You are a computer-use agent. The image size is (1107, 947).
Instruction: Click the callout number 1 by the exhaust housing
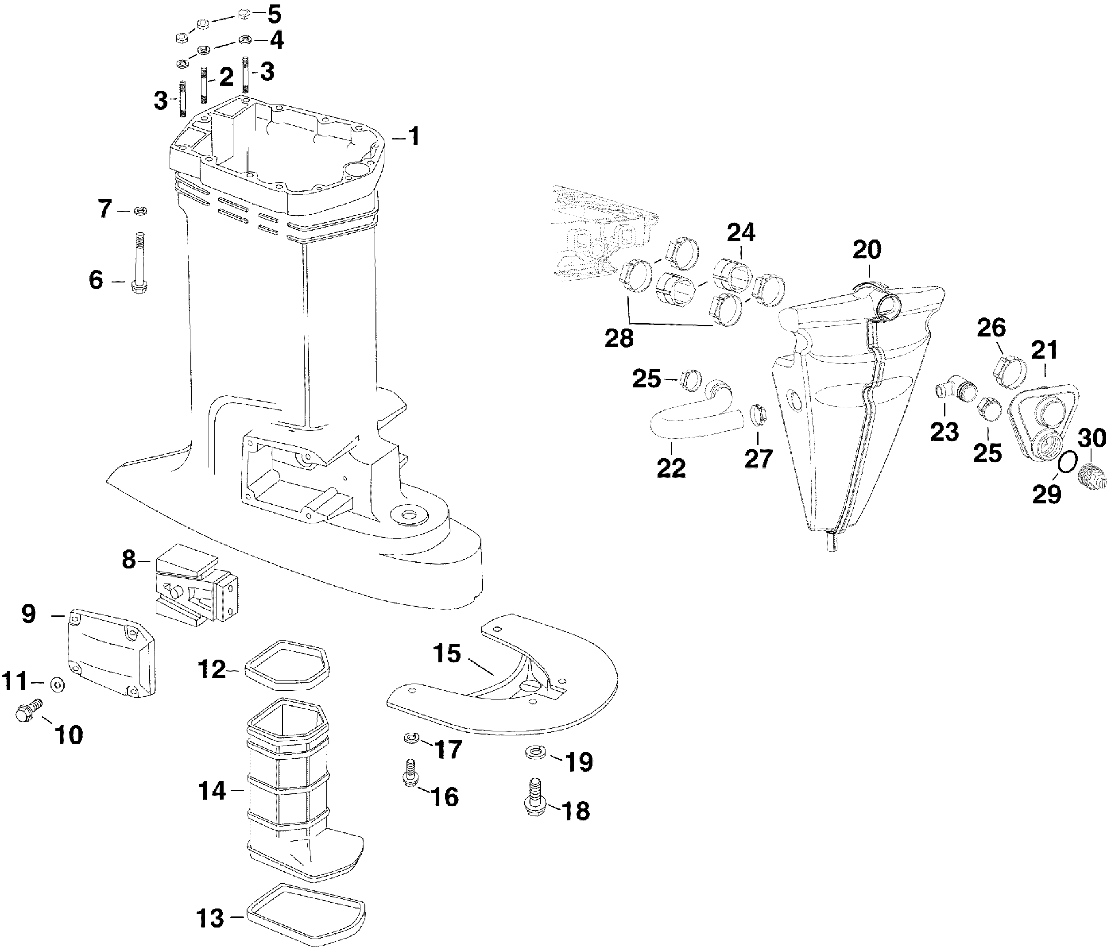[x=414, y=137]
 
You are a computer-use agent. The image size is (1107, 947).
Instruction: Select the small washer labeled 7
[x=140, y=212]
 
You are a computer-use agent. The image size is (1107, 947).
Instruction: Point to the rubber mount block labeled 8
[x=196, y=588]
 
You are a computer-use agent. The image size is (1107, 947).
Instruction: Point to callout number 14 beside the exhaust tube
[x=212, y=791]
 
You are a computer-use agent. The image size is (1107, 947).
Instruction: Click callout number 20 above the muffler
[x=867, y=249]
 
